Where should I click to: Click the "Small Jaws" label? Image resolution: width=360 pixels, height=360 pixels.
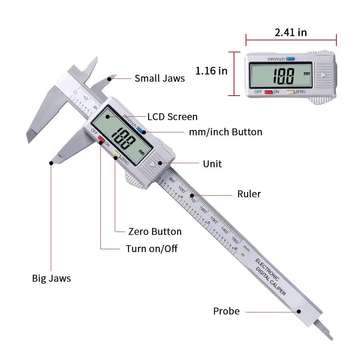point(160,78)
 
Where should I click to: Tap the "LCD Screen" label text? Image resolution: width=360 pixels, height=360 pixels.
point(172,117)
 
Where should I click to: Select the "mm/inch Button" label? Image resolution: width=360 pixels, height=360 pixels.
point(226,132)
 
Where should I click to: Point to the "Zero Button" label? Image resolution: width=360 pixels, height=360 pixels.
point(155,232)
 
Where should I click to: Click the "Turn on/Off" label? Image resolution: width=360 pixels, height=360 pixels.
point(152,249)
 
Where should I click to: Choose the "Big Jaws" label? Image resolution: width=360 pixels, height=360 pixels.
point(51,278)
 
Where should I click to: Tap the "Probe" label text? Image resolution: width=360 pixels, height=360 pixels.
point(226,311)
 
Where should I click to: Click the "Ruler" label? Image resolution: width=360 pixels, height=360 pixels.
point(249,194)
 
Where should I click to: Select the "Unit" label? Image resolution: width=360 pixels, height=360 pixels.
point(212,164)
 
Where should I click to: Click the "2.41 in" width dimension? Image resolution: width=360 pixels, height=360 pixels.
point(291,32)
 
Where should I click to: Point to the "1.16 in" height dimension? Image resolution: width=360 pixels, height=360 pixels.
point(211,71)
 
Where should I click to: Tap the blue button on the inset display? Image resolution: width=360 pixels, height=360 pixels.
point(290,59)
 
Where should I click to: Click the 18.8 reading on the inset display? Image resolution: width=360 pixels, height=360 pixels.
point(284,76)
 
